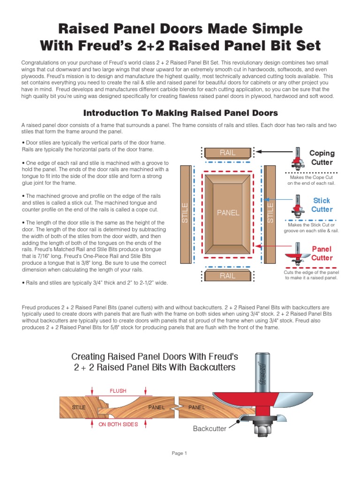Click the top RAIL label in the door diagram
(228, 152)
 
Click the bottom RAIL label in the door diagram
(228, 276)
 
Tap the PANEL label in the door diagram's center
(228, 213)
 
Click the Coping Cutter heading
(322, 157)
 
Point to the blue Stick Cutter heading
(322, 205)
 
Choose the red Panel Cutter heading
(322, 253)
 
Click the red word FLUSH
(118, 390)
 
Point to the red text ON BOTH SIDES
(118, 424)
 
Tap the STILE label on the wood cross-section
(79, 407)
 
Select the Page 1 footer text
(180, 453)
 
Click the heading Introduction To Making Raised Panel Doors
(180, 113)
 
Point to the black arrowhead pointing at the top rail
(259, 152)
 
